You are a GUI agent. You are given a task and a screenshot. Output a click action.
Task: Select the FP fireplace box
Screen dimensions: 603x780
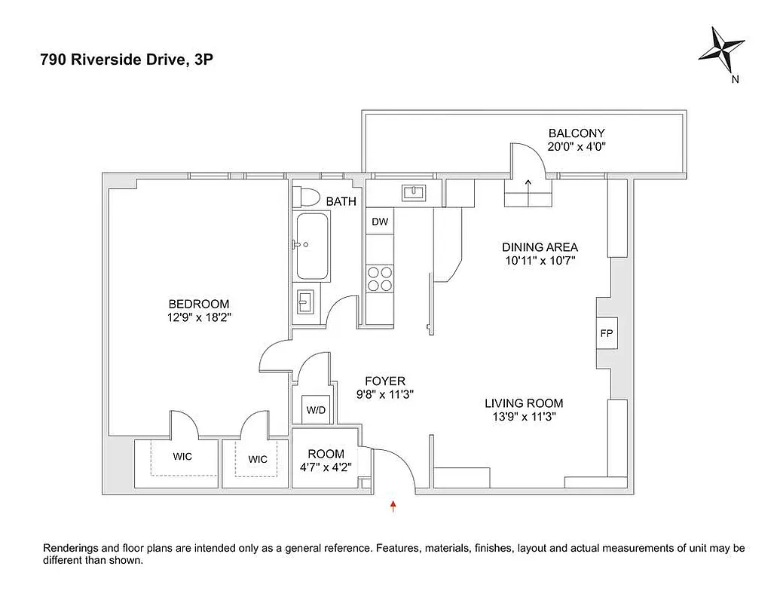pyautogui.click(x=605, y=333)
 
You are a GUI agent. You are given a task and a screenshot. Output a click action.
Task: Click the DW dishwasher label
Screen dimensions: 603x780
pyautogui.click(x=380, y=222)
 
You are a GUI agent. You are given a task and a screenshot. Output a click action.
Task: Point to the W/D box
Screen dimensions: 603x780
pyautogui.click(x=315, y=411)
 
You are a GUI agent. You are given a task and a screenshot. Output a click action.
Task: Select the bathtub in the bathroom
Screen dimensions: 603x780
pyautogui.click(x=311, y=246)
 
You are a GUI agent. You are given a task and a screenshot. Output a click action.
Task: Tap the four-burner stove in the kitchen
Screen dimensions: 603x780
pyautogui.click(x=379, y=279)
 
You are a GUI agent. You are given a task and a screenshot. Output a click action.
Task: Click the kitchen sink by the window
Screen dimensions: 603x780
pyautogui.click(x=412, y=194)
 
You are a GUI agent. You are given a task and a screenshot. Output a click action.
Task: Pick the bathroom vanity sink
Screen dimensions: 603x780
pyautogui.click(x=306, y=305)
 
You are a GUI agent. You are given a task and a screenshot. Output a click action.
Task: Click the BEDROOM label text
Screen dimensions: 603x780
pyautogui.click(x=199, y=305)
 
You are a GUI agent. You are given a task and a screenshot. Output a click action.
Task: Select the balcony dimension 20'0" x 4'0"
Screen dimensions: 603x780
pyautogui.click(x=577, y=147)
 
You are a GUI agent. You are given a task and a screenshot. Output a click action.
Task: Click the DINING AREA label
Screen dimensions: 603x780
pyautogui.click(x=540, y=247)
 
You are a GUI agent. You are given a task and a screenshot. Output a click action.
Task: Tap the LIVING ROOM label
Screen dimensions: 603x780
pyautogui.click(x=524, y=403)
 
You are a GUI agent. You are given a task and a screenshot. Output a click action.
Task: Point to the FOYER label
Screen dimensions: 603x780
pyautogui.click(x=385, y=381)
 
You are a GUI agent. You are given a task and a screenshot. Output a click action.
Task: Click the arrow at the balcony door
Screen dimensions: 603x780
pyautogui.click(x=528, y=182)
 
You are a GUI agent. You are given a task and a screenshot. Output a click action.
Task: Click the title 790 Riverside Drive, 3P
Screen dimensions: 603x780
pyautogui.click(x=127, y=61)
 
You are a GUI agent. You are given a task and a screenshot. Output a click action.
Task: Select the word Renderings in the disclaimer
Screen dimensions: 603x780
pyautogui.click(x=73, y=548)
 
